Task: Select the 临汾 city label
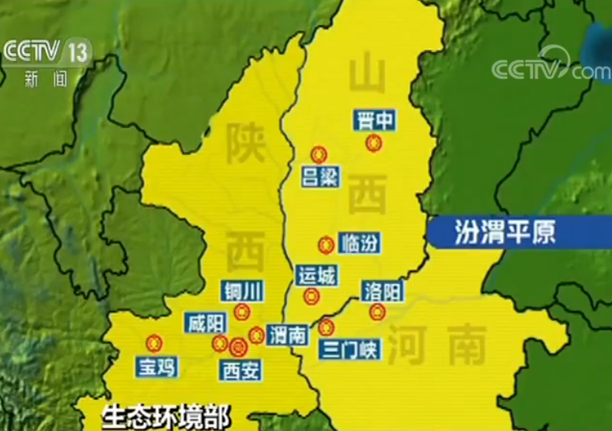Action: (x=359, y=243)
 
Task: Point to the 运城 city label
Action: (x=315, y=276)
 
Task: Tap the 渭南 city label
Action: (x=286, y=335)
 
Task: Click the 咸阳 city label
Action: (x=206, y=323)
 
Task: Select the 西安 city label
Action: (x=240, y=369)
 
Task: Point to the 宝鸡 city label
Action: (x=156, y=366)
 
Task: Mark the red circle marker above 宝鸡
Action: (x=153, y=343)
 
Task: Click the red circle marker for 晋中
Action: (x=373, y=143)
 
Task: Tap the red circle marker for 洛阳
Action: (x=376, y=312)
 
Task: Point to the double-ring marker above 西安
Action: (x=238, y=346)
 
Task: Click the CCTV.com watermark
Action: (x=549, y=68)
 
